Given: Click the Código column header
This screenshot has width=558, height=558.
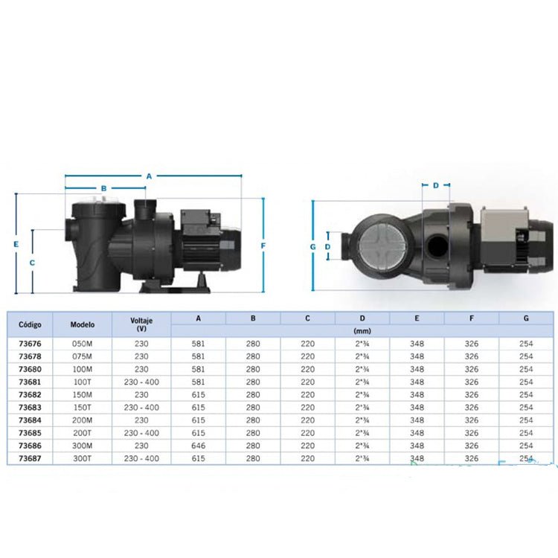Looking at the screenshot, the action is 30,324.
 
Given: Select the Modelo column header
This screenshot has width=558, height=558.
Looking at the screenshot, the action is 82,324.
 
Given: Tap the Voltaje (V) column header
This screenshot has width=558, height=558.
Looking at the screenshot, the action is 141,324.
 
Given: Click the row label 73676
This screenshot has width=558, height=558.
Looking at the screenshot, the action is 30,344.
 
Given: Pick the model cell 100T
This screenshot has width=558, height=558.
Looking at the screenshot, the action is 82,382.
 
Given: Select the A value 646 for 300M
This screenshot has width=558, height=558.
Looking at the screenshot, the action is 198,446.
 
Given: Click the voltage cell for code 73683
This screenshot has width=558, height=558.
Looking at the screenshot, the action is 141,408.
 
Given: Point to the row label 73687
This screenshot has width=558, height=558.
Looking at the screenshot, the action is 30,458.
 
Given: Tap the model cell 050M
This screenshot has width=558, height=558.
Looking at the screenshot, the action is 82,344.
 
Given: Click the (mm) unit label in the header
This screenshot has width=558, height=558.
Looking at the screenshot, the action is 362,331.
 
